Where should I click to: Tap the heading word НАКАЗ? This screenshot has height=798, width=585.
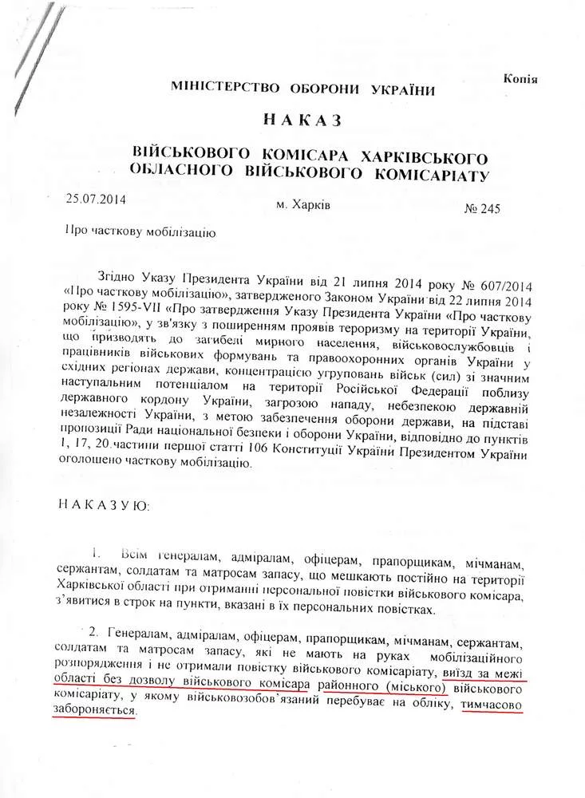click(301, 120)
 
